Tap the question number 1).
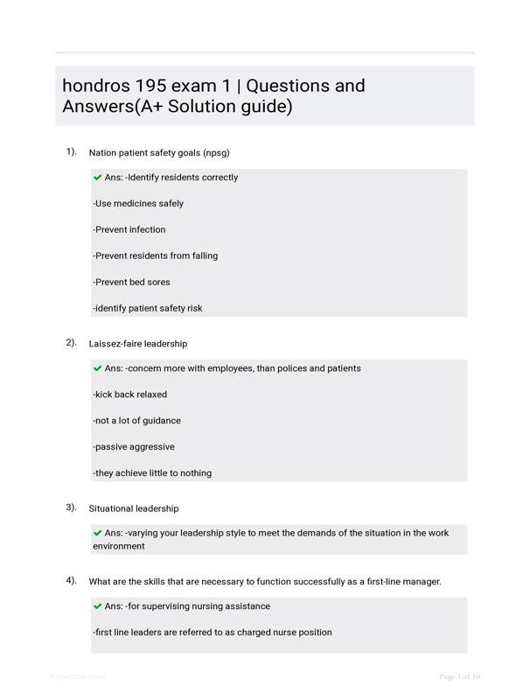72,151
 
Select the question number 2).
72,342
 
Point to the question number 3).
72,507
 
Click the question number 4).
72,580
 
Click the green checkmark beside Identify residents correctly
98,177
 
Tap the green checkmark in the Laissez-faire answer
98,368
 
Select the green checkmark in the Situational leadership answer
98,532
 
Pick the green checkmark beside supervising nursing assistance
98,605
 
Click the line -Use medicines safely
138,204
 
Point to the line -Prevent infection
129,230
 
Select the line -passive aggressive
134,447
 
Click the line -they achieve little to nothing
152,473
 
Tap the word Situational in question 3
112,508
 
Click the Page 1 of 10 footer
459,676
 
